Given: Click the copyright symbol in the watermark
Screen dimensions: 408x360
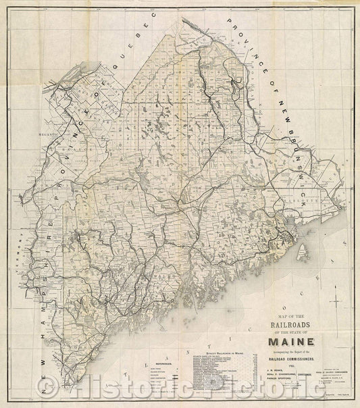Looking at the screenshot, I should (x=46, y=390).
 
